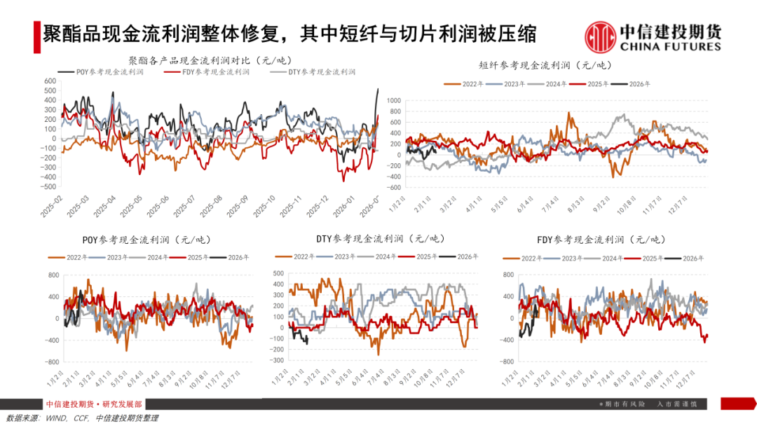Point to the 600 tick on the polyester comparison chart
click(50, 81)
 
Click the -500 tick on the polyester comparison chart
click(48, 187)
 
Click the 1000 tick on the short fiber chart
click(392, 101)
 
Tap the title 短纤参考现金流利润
click(545, 66)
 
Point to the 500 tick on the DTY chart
click(278, 274)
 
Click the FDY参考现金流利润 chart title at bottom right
click(600, 240)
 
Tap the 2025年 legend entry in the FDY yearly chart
click(650, 259)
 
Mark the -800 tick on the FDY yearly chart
click(509, 362)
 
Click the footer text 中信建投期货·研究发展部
click(93, 404)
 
